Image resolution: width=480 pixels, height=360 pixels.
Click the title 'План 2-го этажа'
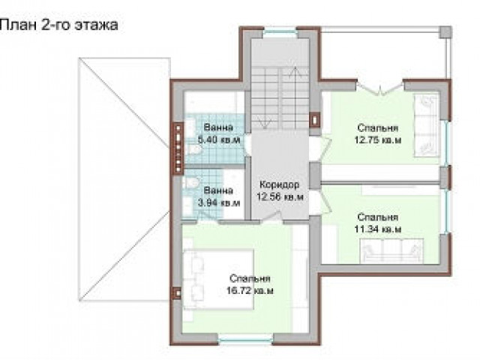point(58,25)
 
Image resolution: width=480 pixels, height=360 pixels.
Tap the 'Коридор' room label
point(280,185)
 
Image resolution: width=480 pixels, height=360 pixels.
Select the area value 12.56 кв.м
point(280,196)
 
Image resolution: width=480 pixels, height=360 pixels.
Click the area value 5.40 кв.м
point(219,140)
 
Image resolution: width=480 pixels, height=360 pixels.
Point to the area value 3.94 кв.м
point(219,203)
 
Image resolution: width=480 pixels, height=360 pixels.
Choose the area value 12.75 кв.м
point(378,140)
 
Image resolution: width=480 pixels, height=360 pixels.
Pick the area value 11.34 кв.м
point(378,229)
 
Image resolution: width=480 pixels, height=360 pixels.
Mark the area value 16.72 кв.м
point(250,290)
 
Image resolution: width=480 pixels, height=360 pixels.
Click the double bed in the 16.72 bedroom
point(218,280)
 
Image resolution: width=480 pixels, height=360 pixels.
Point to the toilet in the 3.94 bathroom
point(191,182)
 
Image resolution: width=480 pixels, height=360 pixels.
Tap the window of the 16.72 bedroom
point(245,338)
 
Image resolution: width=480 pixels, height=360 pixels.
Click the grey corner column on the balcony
point(445,31)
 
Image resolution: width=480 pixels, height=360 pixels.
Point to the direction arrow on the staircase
point(295,98)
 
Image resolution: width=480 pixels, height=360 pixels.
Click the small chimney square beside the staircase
point(314,120)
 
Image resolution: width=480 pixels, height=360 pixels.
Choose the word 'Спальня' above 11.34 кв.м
point(378,217)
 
